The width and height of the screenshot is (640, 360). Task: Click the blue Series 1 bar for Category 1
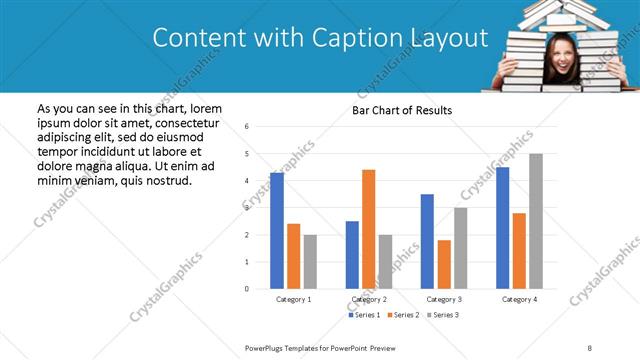pyautogui.click(x=277, y=231)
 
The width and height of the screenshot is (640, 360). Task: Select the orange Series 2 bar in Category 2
pyautogui.click(x=368, y=229)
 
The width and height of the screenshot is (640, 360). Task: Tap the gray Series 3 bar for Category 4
pyautogui.click(x=536, y=221)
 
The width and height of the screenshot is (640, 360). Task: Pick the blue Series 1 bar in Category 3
pyautogui.click(x=427, y=241)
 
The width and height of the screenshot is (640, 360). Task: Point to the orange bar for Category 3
pyautogui.click(x=444, y=264)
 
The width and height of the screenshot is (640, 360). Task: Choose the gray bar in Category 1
pyautogui.click(x=310, y=262)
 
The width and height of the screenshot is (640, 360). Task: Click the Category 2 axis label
pyautogui.click(x=369, y=299)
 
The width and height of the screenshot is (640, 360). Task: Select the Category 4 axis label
pyautogui.click(x=519, y=299)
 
